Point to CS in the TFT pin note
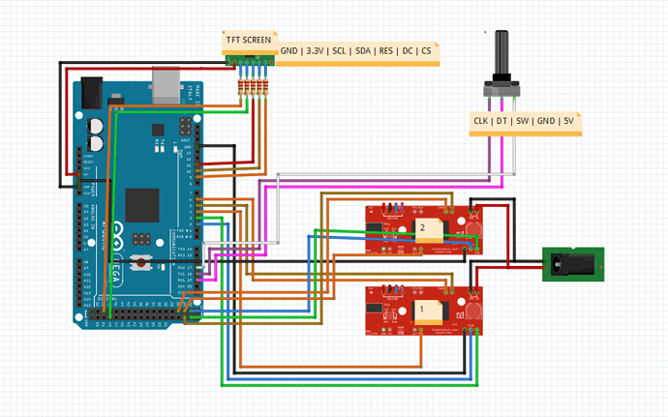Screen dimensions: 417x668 click(x=426, y=50)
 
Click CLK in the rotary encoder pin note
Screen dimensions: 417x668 click(x=481, y=121)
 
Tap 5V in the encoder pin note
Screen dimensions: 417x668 click(x=567, y=121)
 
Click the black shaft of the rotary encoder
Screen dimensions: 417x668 click(x=501, y=54)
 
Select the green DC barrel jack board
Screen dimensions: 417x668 click(x=572, y=261)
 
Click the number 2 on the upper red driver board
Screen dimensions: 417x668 click(x=422, y=227)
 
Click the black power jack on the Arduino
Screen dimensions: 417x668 click(x=93, y=93)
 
